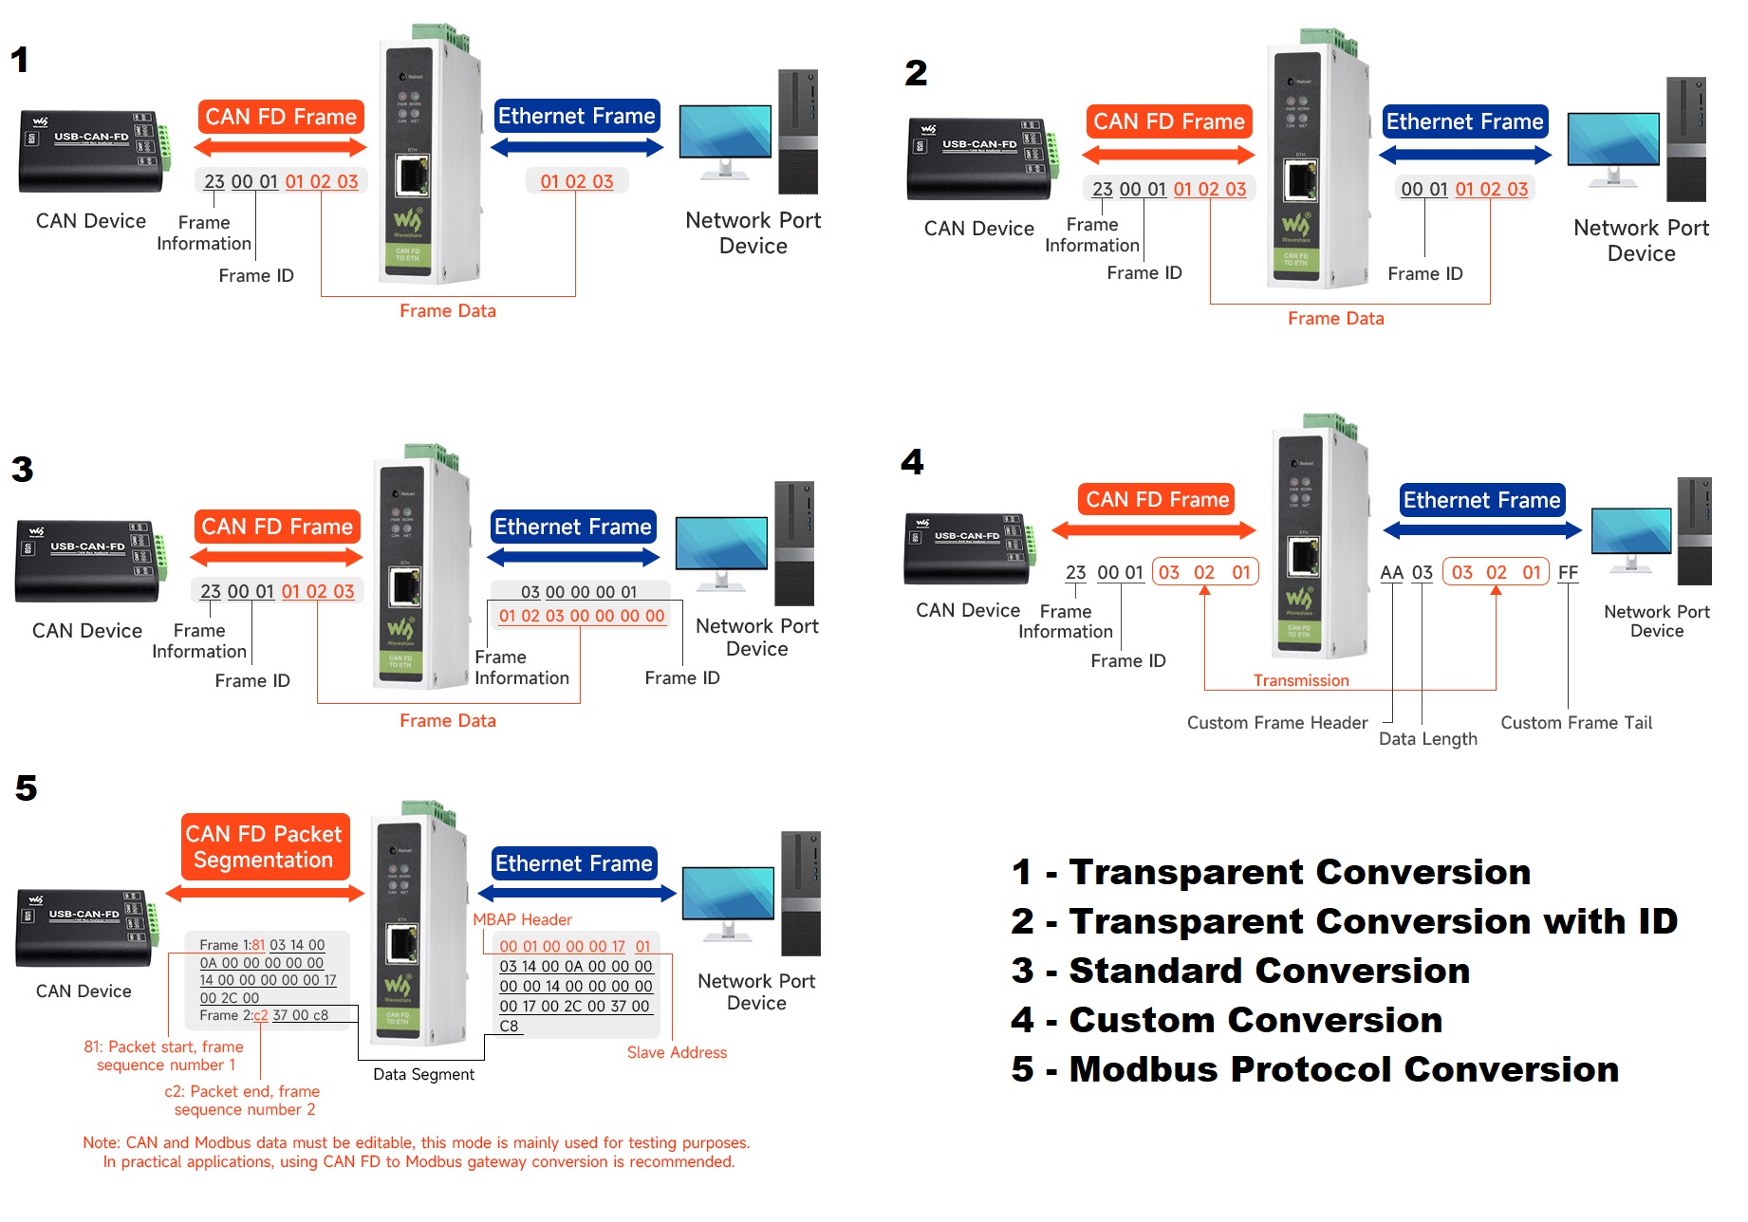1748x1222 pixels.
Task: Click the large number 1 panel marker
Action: pos(20,61)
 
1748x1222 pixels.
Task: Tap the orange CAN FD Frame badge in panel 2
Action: pos(1168,121)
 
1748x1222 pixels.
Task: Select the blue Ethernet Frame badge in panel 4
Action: pos(1481,500)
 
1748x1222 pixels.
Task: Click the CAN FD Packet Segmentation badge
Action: pos(264,846)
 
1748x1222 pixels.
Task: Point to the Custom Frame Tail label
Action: pos(1575,723)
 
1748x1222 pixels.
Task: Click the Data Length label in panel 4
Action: pos(1427,739)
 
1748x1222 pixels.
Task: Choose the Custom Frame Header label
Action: pos(1276,723)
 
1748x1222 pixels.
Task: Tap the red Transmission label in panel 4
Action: pos(1300,680)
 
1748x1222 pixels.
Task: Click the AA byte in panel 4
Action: pos(1391,573)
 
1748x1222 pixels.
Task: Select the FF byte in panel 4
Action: pos(1568,573)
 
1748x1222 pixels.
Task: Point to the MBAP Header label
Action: pos(522,919)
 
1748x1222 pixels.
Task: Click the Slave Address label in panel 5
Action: pos(677,1052)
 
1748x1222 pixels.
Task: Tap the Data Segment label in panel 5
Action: pos(423,1074)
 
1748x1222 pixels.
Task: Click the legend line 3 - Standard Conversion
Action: pos(1241,971)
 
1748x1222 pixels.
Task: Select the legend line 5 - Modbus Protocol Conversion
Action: pos(1314,1069)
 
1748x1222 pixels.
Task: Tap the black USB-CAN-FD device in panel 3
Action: pos(89,560)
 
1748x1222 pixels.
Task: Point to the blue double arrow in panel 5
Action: pos(576,894)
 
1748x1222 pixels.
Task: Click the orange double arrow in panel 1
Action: pos(280,147)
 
